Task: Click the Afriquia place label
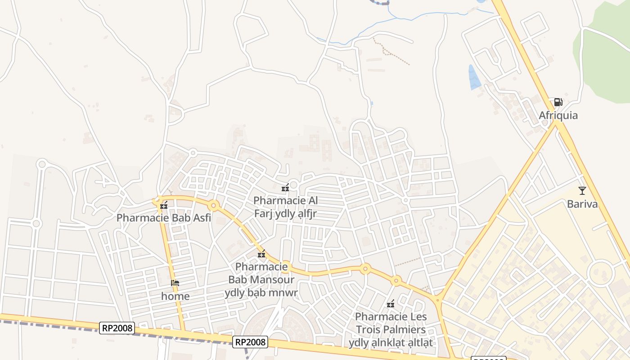coord(558,116)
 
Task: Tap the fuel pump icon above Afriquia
coord(558,102)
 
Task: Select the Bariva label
coord(582,204)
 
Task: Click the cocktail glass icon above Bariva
coord(582,190)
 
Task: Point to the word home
coord(175,296)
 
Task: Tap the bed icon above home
coord(175,283)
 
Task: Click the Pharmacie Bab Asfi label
coord(164,218)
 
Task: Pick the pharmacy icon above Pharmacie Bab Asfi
coord(164,205)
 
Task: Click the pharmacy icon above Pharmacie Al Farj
coord(285,188)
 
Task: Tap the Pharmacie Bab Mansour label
coord(261,279)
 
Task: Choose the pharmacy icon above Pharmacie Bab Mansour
coord(261,255)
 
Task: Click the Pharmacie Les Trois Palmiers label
coord(391,329)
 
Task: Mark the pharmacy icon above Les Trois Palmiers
coord(391,304)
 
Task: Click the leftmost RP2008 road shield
coord(117,328)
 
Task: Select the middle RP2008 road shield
coord(251,342)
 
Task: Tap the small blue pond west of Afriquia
coord(474,77)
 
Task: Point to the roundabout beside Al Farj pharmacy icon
coord(294,184)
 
